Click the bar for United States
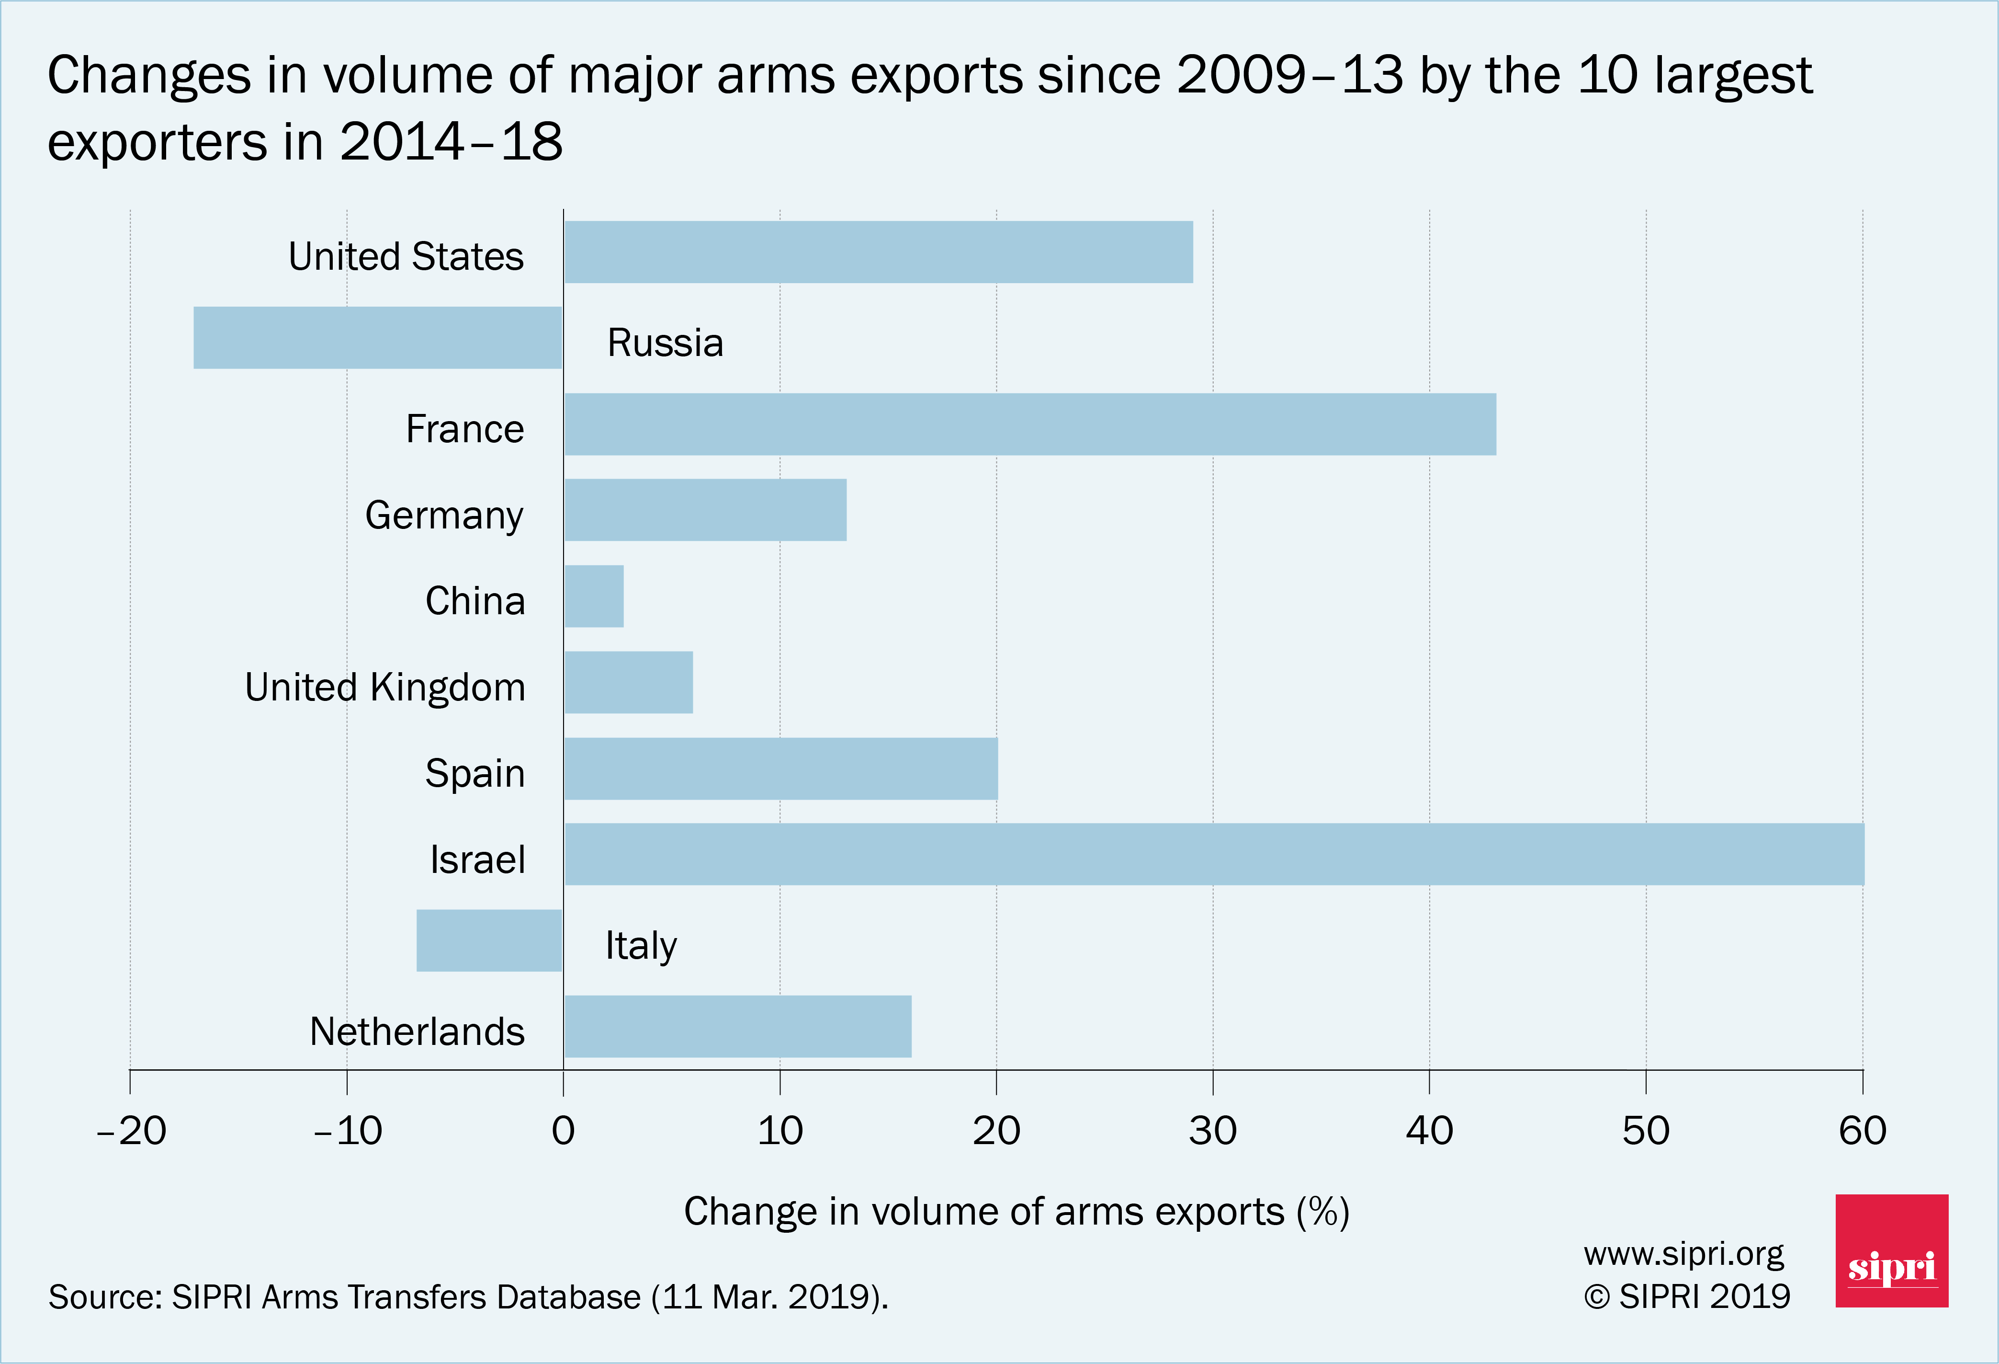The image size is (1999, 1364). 878,252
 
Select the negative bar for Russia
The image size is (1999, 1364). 378,338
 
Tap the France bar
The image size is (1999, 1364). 1029,424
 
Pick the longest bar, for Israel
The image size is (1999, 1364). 1214,855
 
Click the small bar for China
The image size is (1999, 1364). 594,596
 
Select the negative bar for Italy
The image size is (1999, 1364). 488,940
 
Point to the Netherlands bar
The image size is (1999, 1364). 737,1027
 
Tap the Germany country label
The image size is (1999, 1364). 444,516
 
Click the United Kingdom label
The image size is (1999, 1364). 384,688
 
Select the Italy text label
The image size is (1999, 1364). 641,946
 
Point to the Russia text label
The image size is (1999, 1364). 665,343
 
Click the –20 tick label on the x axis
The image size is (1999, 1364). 131,1131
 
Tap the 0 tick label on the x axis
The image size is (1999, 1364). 564,1131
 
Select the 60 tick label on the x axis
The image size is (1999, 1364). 1862,1131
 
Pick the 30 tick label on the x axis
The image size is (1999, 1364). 1213,1131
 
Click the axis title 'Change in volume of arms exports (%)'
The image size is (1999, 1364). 1016,1212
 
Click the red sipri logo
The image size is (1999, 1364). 1891,1250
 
